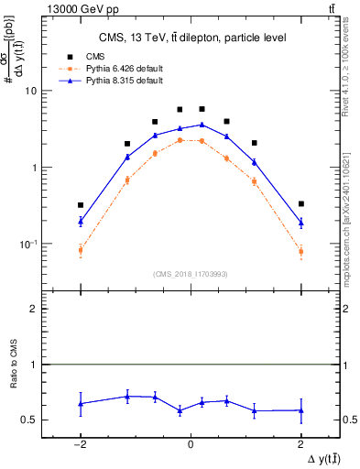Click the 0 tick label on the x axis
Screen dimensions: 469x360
(x=190, y=444)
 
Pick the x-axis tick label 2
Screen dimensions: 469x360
(x=300, y=444)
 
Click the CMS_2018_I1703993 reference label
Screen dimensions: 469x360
(x=190, y=273)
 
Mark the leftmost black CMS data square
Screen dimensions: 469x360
(x=81, y=205)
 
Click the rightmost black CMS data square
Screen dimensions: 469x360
(x=300, y=203)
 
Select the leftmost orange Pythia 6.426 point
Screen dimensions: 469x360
(x=81, y=250)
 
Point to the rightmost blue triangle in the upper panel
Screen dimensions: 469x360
(x=300, y=223)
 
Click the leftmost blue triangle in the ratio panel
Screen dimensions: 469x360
(x=81, y=403)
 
